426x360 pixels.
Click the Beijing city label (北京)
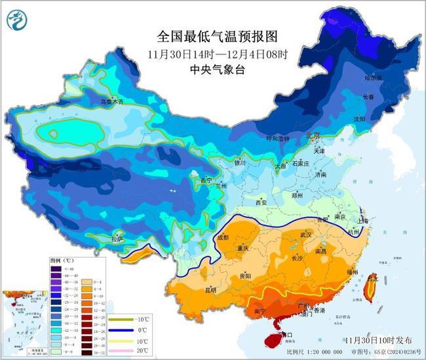pos(314,136)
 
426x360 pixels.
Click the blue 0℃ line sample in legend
pos(124,330)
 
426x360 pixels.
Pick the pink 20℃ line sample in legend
pos(124,351)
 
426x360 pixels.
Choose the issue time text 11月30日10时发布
pos(379,340)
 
